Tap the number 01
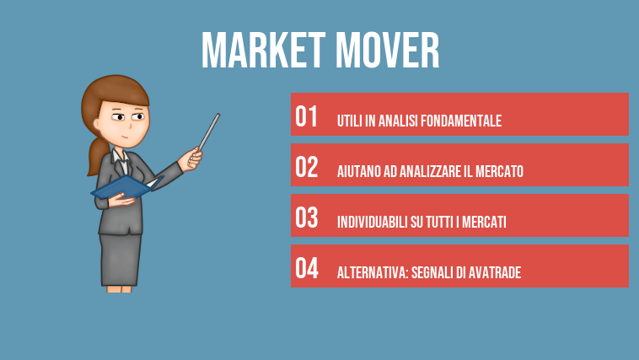(306, 116)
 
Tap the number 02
(306, 167)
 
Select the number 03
(306, 218)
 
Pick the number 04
(306, 268)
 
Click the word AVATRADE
(493, 273)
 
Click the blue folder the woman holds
(122, 187)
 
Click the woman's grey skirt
(120, 256)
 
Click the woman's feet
(120, 288)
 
